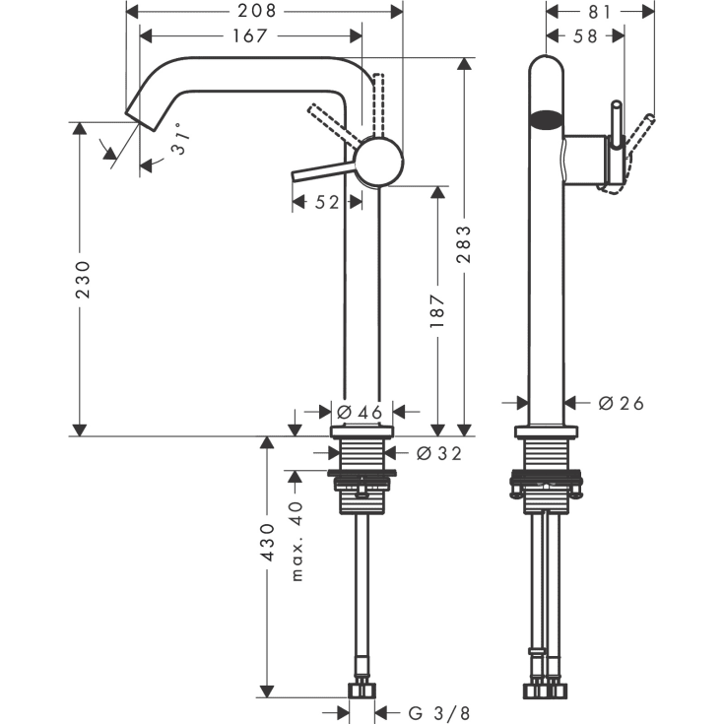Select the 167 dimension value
tap(250, 36)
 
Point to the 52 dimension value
tap(327, 202)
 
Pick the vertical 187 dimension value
tap(439, 310)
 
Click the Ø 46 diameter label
tap(360, 412)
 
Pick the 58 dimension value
tap(585, 36)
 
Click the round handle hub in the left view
tap(379, 162)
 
